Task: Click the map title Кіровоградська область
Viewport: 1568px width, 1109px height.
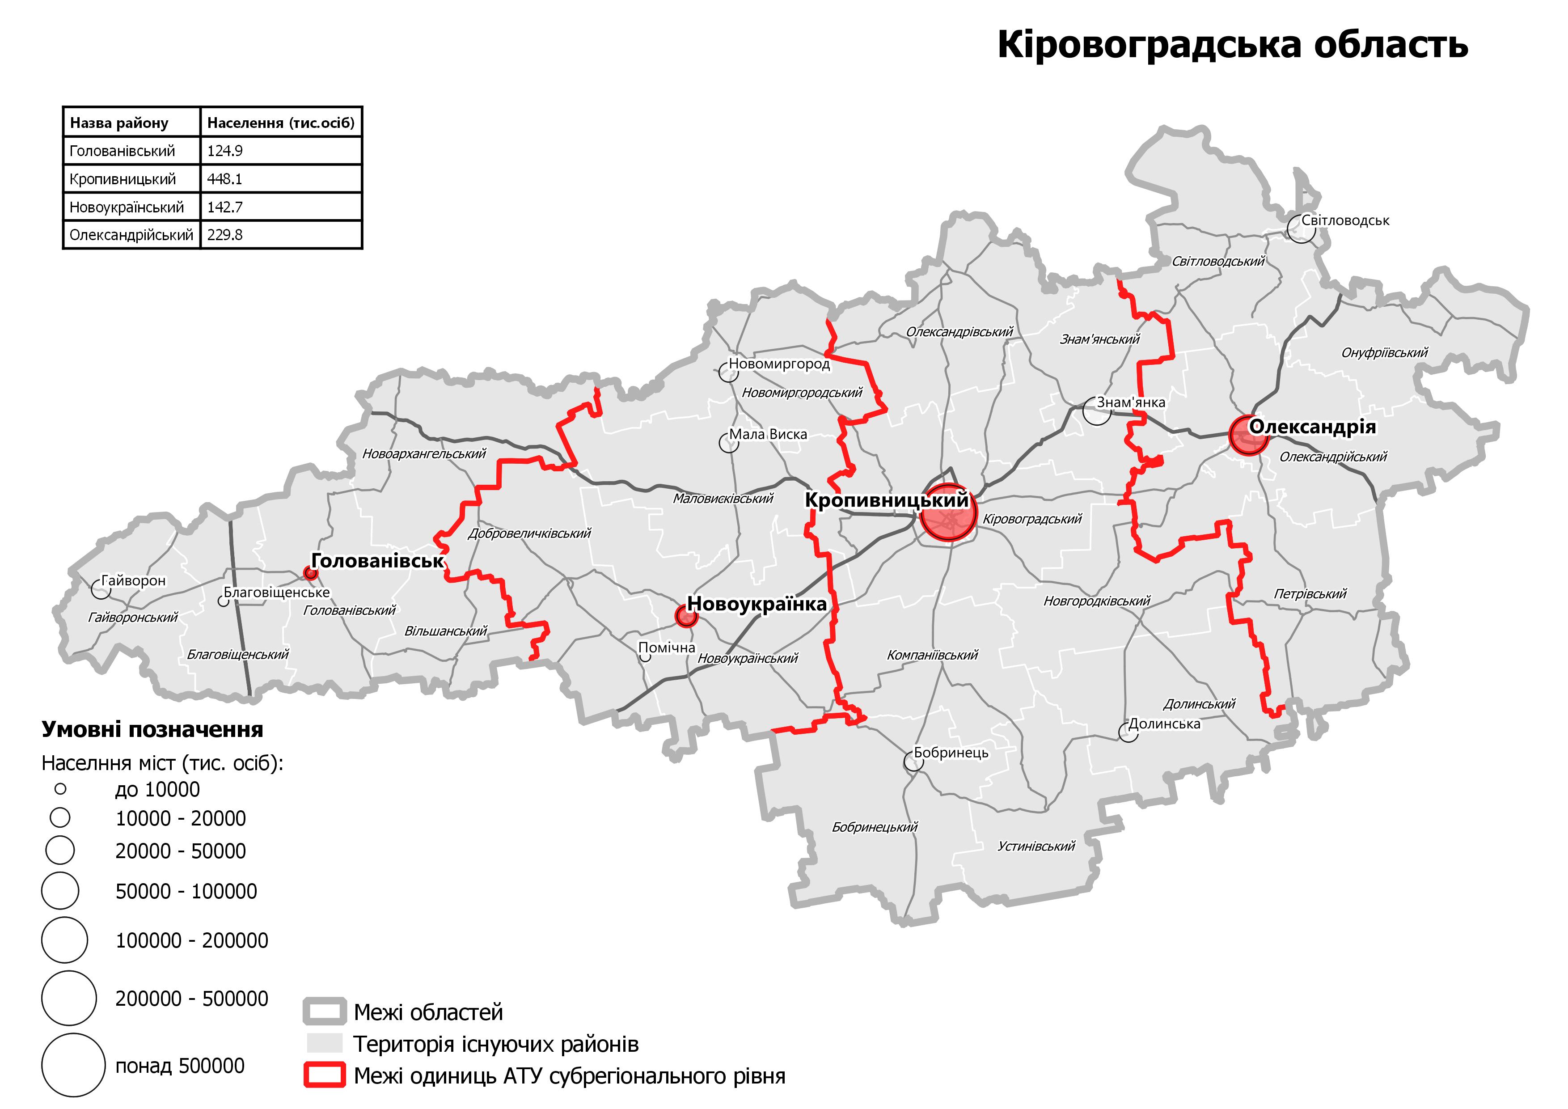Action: point(1232,45)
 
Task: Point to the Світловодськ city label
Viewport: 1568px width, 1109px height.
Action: point(1345,220)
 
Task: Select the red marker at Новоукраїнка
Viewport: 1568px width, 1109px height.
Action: point(686,616)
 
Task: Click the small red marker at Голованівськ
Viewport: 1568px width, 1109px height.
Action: point(311,573)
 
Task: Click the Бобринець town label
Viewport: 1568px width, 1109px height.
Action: point(951,753)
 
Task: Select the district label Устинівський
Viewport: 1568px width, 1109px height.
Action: point(1036,846)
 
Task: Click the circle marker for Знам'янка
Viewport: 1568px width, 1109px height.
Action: point(1097,411)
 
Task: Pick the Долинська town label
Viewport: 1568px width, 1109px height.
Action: point(1164,724)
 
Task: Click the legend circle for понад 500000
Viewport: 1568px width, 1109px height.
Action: point(73,1065)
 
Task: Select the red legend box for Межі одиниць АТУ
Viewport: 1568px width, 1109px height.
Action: point(325,1076)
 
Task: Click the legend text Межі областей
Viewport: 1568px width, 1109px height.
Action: point(428,1012)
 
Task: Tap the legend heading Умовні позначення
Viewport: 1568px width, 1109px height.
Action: point(152,729)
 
